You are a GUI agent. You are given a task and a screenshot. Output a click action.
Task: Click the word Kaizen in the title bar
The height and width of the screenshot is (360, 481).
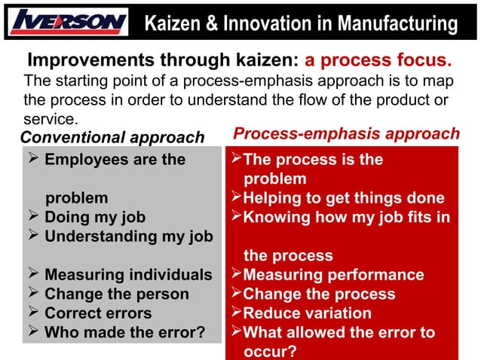coord(171,24)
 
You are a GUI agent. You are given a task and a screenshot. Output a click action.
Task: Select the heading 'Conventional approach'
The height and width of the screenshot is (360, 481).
coord(112,137)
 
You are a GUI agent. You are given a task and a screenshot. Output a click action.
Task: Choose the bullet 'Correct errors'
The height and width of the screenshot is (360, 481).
coord(97,313)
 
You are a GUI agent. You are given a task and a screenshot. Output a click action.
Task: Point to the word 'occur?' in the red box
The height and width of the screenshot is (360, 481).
coord(269,351)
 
